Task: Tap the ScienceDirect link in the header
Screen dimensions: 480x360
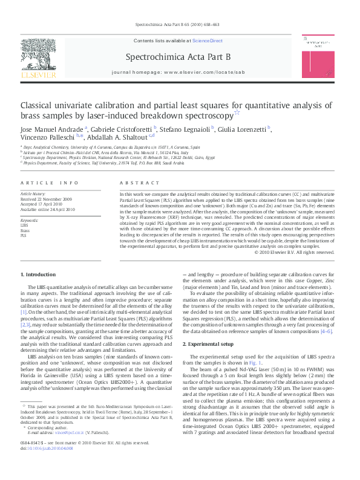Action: point(207,41)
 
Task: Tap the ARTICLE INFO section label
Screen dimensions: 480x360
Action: point(49,183)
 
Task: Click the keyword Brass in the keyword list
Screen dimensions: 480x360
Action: point(25,231)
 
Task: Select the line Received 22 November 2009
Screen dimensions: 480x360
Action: point(47,198)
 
